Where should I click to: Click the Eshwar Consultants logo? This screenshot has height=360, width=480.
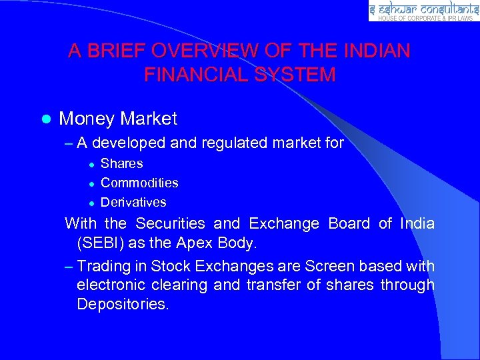(x=423, y=9)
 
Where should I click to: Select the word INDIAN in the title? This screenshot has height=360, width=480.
(x=377, y=51)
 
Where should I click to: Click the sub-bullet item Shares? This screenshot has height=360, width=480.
(x=121, y=163)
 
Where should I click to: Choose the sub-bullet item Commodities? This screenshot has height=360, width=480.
(x=139, y=183)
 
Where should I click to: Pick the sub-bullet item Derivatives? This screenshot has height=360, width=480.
(x=133, y=202)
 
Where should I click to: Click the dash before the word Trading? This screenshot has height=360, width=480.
(x=69, y=267)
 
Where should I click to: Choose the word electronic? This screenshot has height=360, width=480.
(x=112, y=285)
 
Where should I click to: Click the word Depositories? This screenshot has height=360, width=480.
(x=123, y=304)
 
